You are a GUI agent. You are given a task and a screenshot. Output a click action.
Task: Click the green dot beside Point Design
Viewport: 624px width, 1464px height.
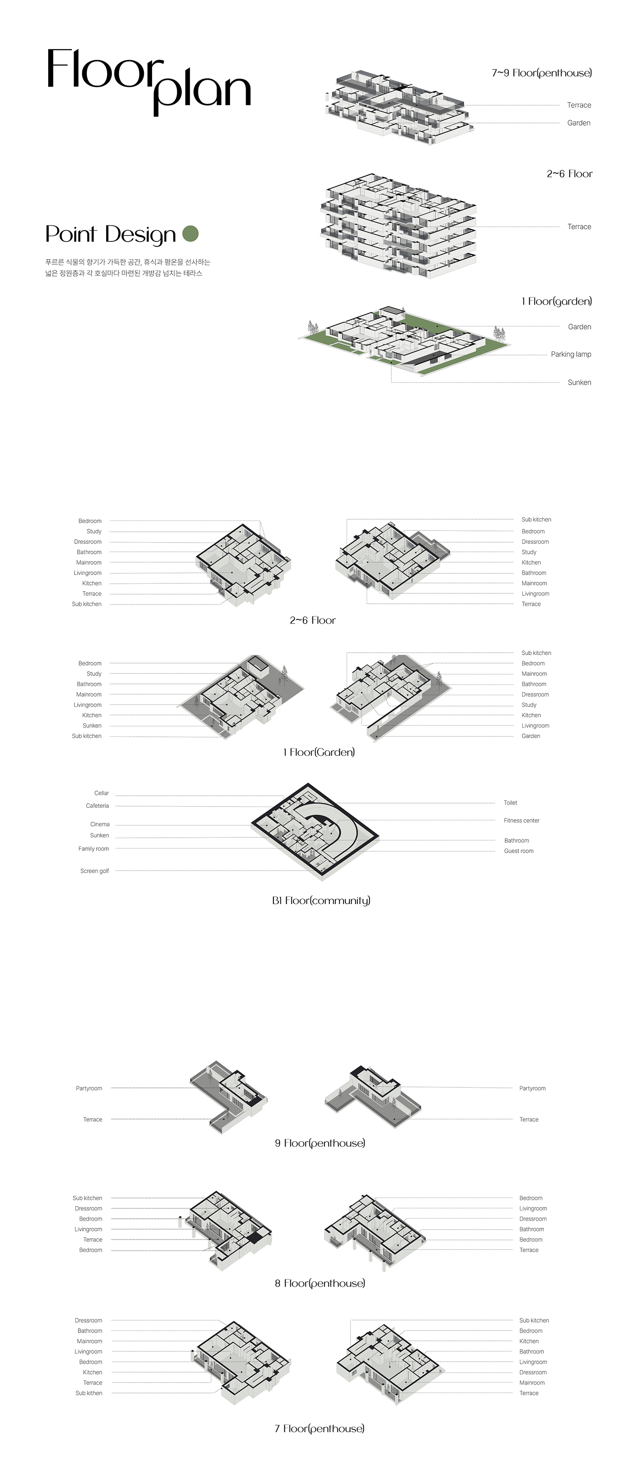[x=190, y=234]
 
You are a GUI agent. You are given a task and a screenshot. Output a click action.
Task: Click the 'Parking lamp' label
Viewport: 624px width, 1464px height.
[x=571, y=354]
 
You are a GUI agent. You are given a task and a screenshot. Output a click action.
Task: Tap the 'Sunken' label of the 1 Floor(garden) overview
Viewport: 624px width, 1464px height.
[x=579, y=383]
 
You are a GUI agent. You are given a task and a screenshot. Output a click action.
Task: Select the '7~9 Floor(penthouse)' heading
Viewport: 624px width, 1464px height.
[x=542, y=73]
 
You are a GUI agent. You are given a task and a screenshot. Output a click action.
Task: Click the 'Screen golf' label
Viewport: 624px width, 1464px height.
[x=94, y=871]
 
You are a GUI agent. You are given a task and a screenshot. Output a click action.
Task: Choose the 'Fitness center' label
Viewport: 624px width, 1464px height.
[x=521, y=820]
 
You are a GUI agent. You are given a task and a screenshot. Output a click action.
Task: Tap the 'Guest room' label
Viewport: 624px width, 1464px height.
[x=518, y=851]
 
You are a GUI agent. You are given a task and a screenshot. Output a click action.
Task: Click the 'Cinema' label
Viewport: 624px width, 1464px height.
[x=100, y=824]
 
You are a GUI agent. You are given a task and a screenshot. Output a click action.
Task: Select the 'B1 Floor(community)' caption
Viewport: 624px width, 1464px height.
[x=321, y=900]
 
